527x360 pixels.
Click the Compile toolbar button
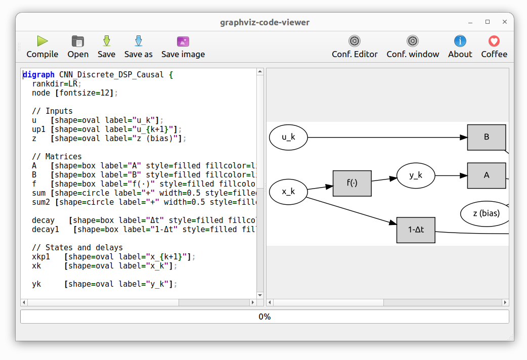[x=42, y=47]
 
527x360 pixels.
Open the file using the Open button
[x=78, y=47]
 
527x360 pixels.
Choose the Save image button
[x=183, y=47]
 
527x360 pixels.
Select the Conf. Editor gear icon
[x=355, y=41]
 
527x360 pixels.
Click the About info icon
[x=460, y=41]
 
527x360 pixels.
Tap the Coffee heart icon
[x=494, y=41]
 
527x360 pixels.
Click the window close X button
[x=505, y=22]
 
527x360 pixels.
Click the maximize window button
[x=488, y=22]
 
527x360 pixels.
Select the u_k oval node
[x=288, y=137]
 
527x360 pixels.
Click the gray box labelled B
[x=486, y=137]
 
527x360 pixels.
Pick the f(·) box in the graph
[x=352, y=183]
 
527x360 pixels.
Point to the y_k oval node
[x=416, y=175]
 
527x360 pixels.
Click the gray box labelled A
[x=486, y=175]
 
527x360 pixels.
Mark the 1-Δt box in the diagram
[x=416, y=230]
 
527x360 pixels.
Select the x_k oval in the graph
[x=288, y=192]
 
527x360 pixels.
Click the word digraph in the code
[x=38, y=75]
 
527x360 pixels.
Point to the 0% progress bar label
[x=265, y=317]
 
